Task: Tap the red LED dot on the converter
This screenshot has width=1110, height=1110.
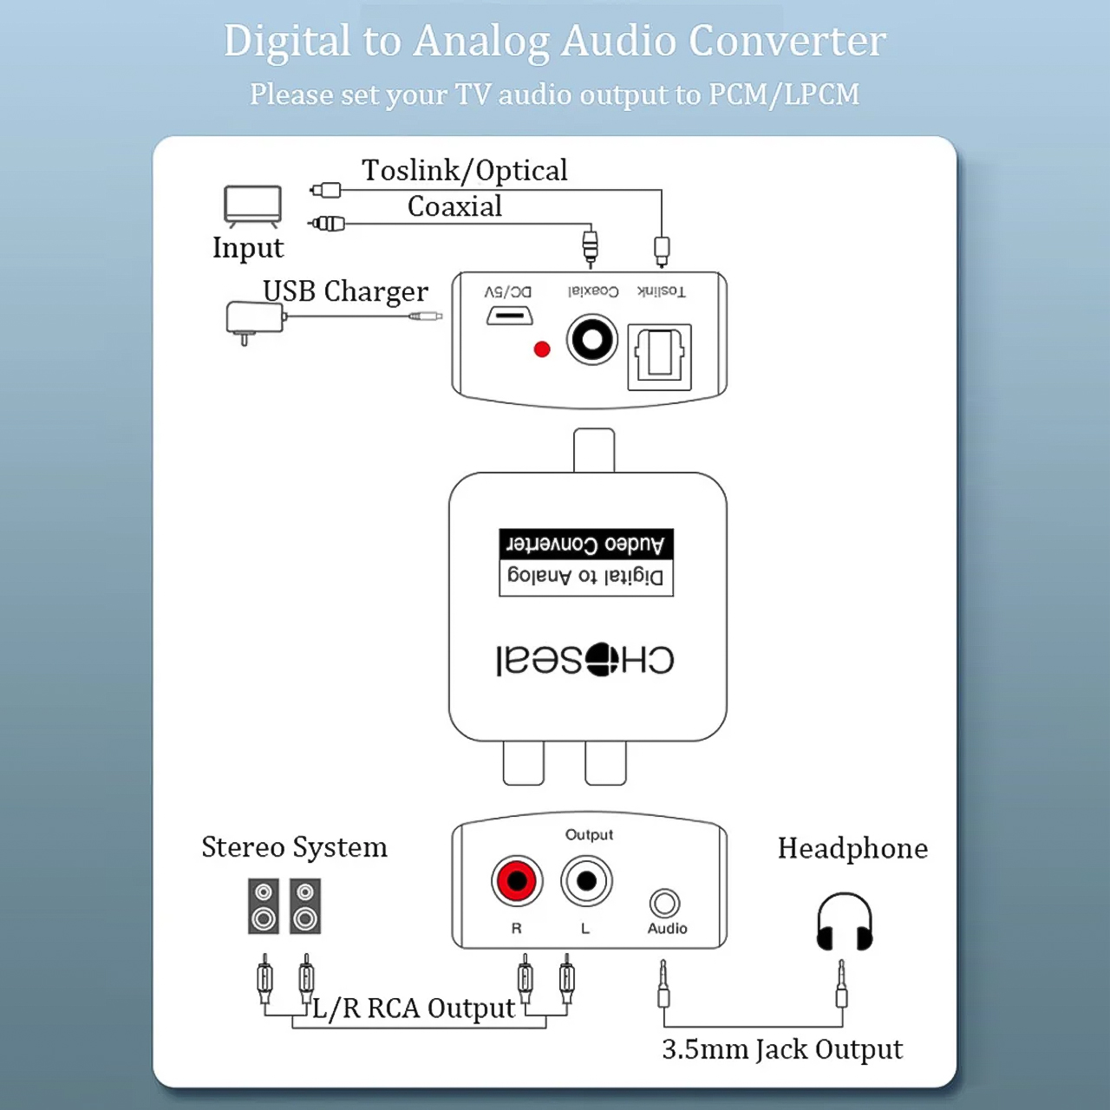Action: (542, 349)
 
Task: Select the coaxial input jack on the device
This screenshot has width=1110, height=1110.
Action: (592, 340)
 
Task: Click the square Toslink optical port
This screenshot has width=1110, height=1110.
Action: (659, 356)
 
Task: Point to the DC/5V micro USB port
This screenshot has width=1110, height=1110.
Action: (509, 316)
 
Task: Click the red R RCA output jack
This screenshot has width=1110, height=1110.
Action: (517, 881)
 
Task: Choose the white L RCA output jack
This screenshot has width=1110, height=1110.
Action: (586, 881)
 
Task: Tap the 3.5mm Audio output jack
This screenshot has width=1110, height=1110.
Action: (665, 904)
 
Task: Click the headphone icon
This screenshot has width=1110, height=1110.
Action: (845, 922)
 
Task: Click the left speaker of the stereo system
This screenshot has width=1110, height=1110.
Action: (264, 906)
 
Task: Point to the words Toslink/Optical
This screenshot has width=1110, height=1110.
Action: (465, 171)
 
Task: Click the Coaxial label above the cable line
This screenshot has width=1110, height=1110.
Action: (454, 206)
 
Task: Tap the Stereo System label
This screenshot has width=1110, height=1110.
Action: (294, 847)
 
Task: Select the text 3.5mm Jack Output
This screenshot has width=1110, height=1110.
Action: (782, 1049)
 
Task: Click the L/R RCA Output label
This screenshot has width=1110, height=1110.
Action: (414, 1009)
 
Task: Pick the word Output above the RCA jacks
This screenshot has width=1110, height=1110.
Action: (589, 834)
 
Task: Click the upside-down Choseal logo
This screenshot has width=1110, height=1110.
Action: (585, 660)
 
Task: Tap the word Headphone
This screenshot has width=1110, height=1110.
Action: (852, 848)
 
